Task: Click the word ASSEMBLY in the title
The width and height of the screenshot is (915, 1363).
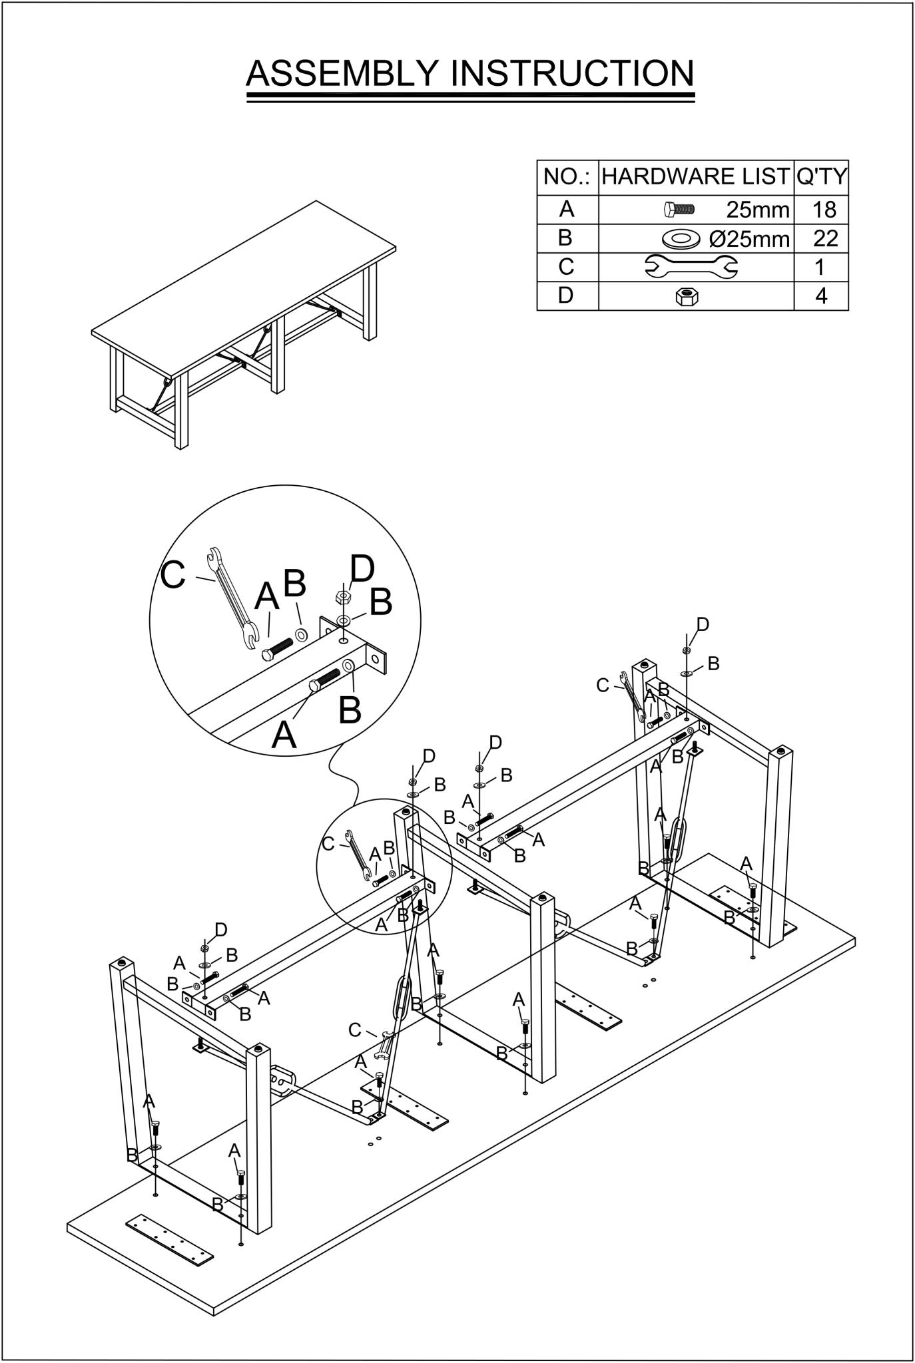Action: [343, 73]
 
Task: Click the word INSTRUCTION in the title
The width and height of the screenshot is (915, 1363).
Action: [573, 73]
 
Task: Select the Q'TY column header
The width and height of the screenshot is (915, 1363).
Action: [822, 176]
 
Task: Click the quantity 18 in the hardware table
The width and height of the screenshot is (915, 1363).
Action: [824, 210]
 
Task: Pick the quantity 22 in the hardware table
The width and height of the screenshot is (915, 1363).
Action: [825, 238]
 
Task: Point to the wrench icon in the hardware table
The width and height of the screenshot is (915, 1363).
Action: [691, 266]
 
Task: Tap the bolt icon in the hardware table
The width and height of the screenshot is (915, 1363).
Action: [679, 210]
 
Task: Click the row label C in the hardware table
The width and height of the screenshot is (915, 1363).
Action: [566, 266]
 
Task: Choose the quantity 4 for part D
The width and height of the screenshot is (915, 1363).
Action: [822, 295]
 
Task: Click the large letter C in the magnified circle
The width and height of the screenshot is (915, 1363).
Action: [173, 574]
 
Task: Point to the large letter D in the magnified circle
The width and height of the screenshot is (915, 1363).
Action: [362, 570]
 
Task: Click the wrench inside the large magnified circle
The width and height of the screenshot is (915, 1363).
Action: [232, 598]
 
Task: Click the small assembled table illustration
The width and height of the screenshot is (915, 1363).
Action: [244, 324]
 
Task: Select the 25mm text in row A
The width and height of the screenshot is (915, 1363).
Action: [758, 210]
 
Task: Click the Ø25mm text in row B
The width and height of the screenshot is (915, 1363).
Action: [750, 238]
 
